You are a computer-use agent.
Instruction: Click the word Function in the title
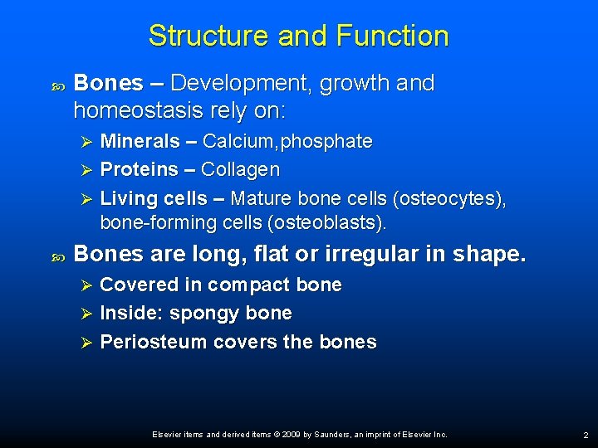[x=393, y=36]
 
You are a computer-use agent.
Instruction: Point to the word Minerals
[x=140, y=142]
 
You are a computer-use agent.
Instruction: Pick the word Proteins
[x=139, y=170]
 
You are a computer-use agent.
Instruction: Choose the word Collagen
[x=241, y=170]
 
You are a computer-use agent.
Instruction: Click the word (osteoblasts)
[x=338, y=223]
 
